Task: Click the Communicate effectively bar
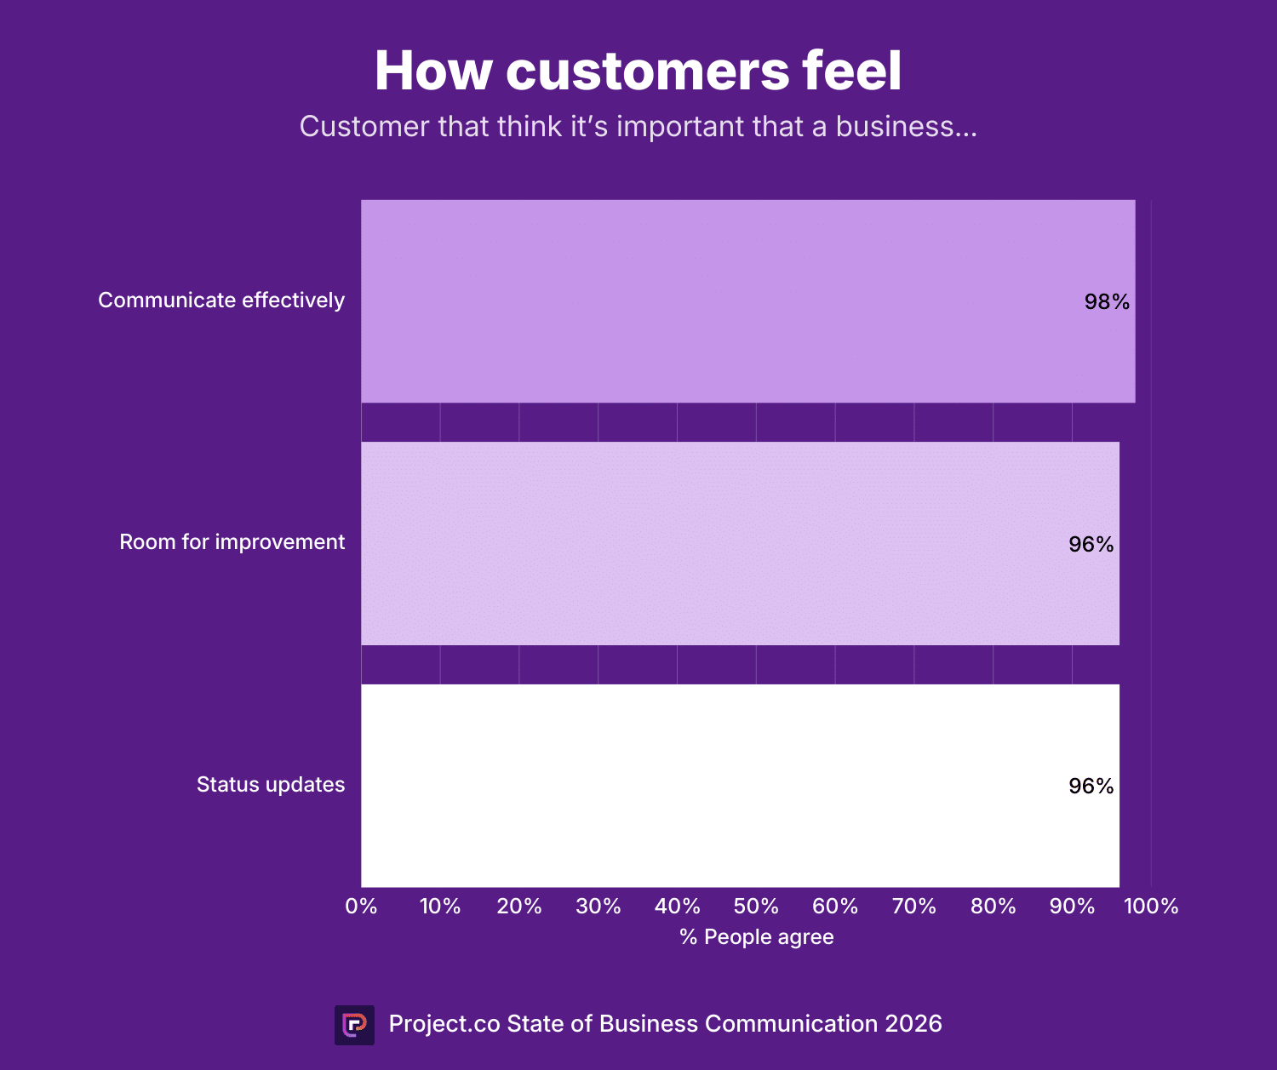coord(747,301)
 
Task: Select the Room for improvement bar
coord(740,543)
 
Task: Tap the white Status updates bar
coord(740,785)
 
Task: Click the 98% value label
coord(1106,302)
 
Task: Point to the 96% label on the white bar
coord(1091,786)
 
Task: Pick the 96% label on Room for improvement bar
coord(1091,544)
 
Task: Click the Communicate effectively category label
coord(221,300)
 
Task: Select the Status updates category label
coord(271,784)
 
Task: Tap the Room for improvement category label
coord(232,542)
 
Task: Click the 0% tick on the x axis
coord(361,907)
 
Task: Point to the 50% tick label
coord(756,907)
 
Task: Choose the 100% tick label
coord(1151,907)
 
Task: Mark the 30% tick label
coord(598,907)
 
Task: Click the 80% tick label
coord(993,907)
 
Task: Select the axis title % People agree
coord(756,937)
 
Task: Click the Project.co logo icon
coord(354,1025)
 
